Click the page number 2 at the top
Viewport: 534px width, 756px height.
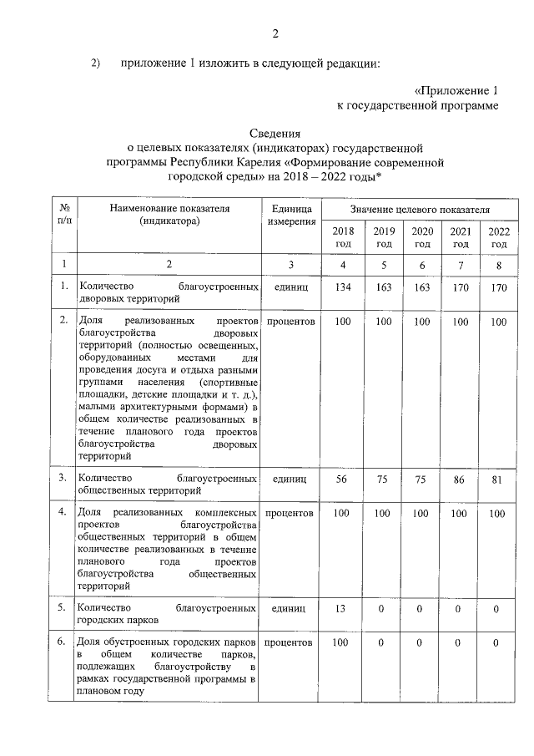pos(275,34)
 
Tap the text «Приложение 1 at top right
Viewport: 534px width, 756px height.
pos(456,90)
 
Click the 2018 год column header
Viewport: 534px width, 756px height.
pos(343,237)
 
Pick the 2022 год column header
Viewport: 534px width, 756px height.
pos(498,237)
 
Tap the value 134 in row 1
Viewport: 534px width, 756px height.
pos(343,287)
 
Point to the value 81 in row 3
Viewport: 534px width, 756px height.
pos(498,479)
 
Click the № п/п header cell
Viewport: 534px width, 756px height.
pos(62,216)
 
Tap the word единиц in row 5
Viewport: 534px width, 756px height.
pos(290,609)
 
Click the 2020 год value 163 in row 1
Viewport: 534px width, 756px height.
pos(422,287)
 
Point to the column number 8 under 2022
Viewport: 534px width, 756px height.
pos(498,265)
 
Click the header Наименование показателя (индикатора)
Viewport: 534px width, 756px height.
pos(169,216)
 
